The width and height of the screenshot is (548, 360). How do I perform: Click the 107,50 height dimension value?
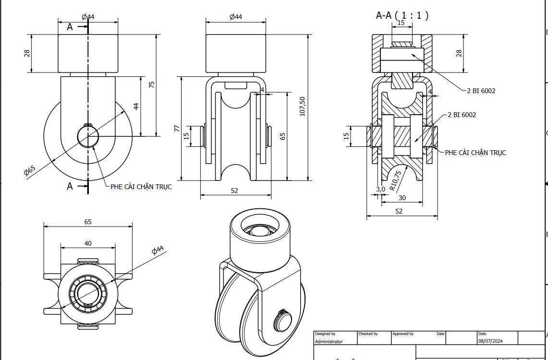point(302,107)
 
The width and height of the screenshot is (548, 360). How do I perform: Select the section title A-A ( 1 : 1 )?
point(402,15)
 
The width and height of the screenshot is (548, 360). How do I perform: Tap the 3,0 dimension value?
point(380,189)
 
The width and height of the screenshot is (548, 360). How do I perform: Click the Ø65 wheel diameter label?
point(30,171)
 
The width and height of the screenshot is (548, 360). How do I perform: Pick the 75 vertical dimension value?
point(152,84)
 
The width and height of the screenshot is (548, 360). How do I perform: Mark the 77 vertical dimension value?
point(177,128)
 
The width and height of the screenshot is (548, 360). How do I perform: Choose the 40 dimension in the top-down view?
point(88,243)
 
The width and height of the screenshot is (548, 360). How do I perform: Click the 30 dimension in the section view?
point(402,198)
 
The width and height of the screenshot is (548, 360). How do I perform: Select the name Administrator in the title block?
point(329,342)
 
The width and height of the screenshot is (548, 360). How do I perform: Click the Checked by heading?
point(368,334)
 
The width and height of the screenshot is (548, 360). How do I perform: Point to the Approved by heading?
point(403,334)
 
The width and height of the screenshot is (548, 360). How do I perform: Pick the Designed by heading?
point(325,334)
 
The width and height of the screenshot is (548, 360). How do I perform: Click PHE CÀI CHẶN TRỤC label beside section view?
point(475,153)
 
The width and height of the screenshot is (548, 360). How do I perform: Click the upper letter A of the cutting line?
point(70,27)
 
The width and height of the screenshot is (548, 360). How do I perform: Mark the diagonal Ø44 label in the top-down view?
point(158,250)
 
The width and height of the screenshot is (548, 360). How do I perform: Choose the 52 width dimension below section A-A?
point(399,211)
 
